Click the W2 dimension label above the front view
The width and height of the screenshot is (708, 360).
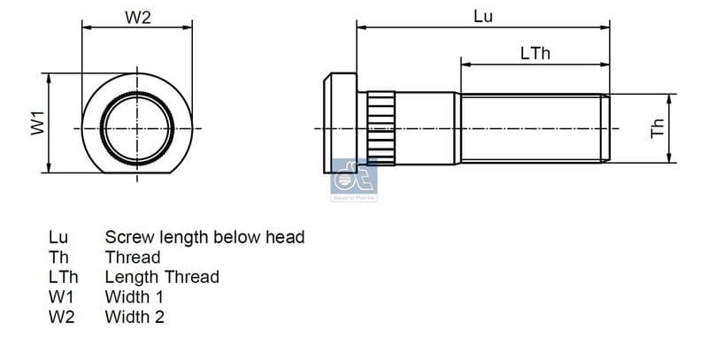click(137, 18)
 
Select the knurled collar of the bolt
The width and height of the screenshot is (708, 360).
click(381, 127)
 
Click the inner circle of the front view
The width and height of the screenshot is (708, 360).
click(137, 127)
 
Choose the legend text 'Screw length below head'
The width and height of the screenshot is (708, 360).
click(204, 237)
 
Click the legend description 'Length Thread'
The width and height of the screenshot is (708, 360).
click(162, 277)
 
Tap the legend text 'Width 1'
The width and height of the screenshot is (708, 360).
click(135, 296)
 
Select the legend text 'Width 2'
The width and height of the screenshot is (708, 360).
click(135, 316)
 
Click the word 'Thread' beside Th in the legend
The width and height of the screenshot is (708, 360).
click(133, 257)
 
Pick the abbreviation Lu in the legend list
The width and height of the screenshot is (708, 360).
click(58, 237)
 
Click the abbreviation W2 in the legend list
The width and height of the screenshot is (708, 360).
click(62, 316)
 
